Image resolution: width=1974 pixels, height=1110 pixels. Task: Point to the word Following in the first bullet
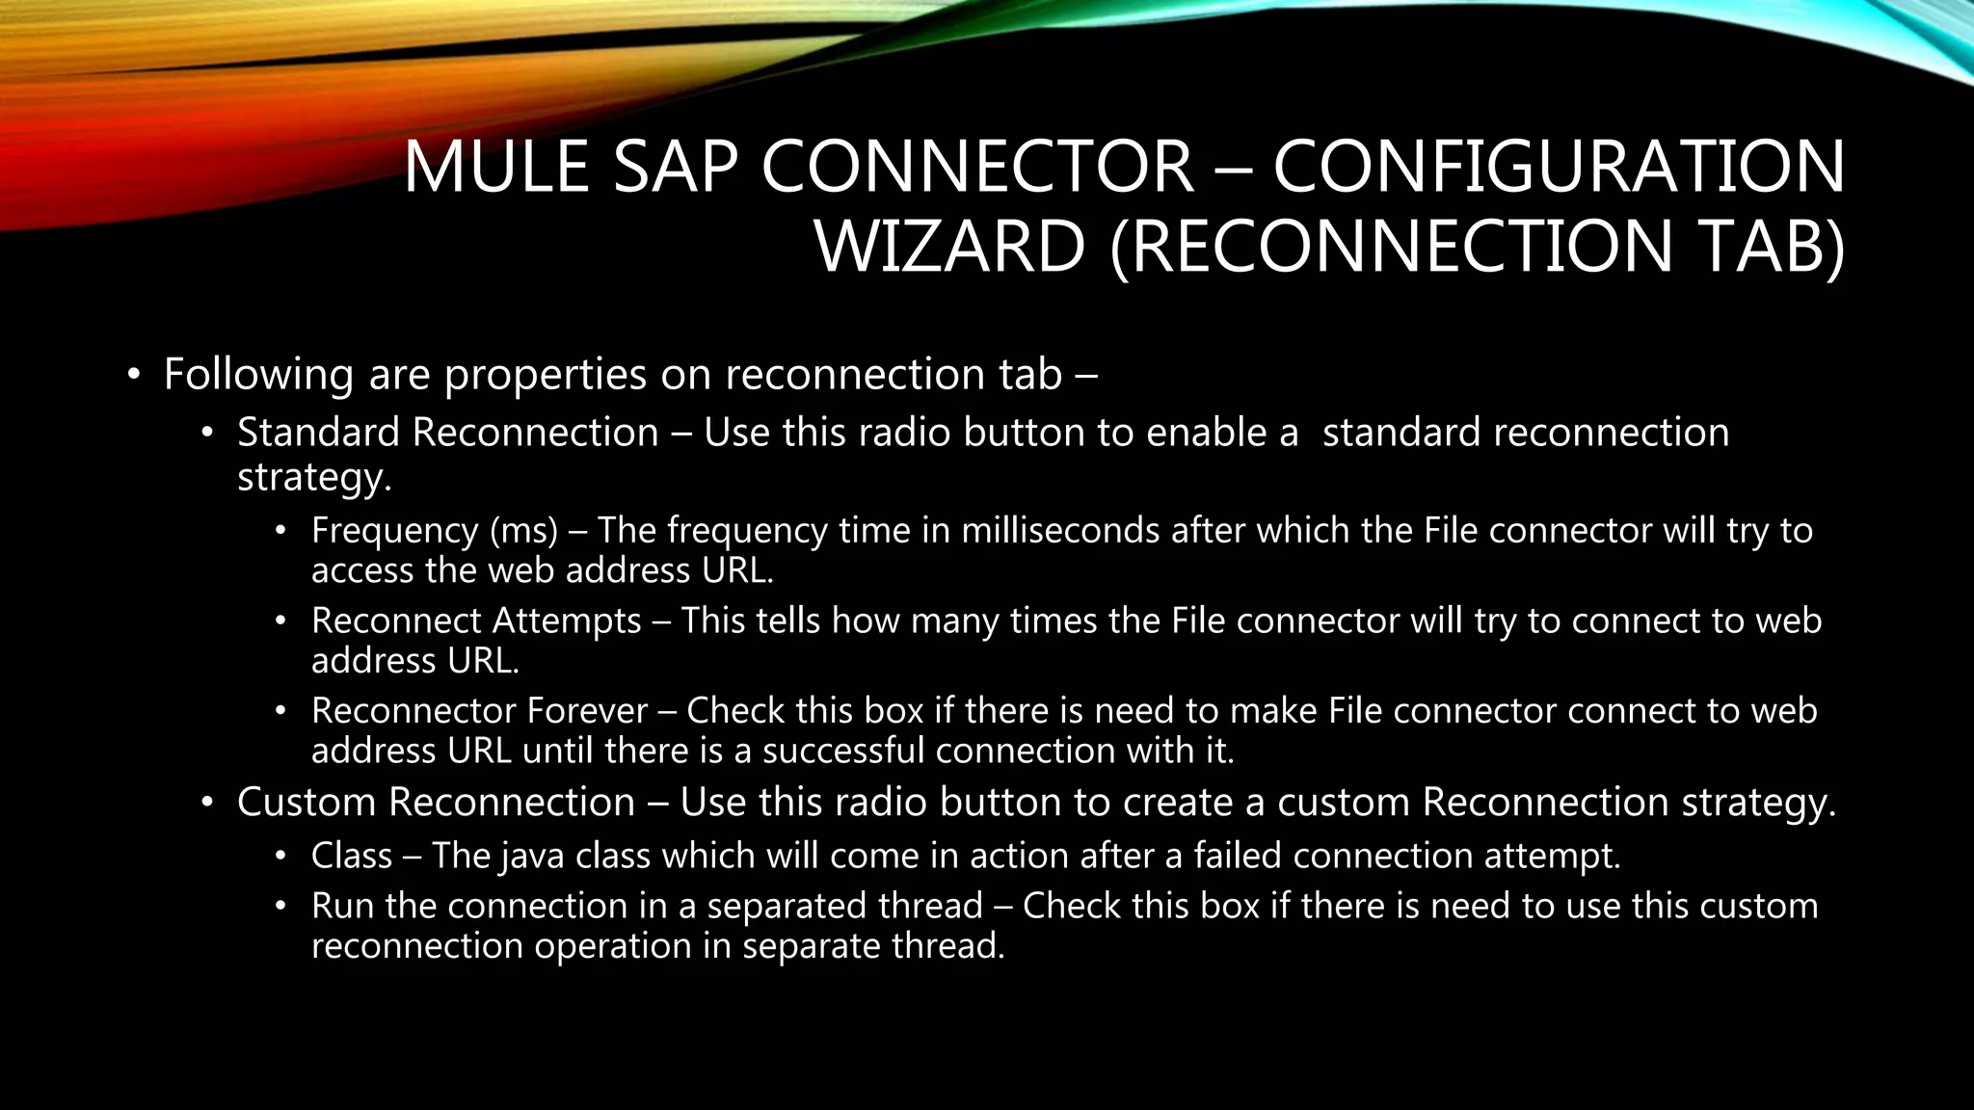258,374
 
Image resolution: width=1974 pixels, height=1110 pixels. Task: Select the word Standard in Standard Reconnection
319,433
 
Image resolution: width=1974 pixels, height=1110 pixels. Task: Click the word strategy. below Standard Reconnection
314,477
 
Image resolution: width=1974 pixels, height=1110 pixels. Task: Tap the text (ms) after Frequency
523,531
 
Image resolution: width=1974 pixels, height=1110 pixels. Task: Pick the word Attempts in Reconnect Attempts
567,621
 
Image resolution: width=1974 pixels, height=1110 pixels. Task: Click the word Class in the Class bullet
351,856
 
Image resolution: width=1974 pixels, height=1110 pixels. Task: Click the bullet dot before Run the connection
280,907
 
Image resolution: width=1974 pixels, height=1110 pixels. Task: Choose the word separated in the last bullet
844,907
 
